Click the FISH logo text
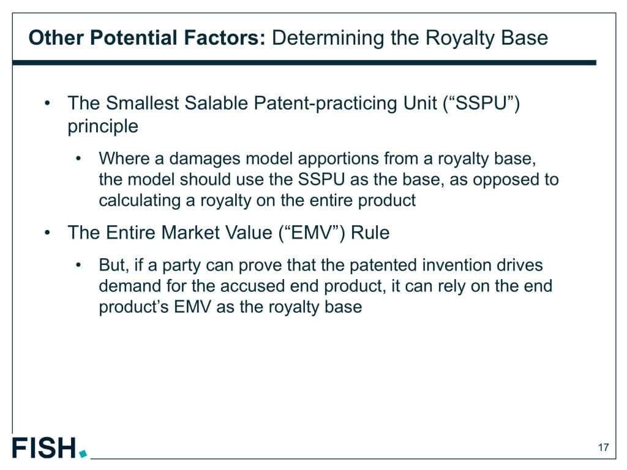43,447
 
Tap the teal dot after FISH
83,453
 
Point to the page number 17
603,447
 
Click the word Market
191,233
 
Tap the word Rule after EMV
370,233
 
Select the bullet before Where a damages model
78,159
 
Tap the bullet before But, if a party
78,265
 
